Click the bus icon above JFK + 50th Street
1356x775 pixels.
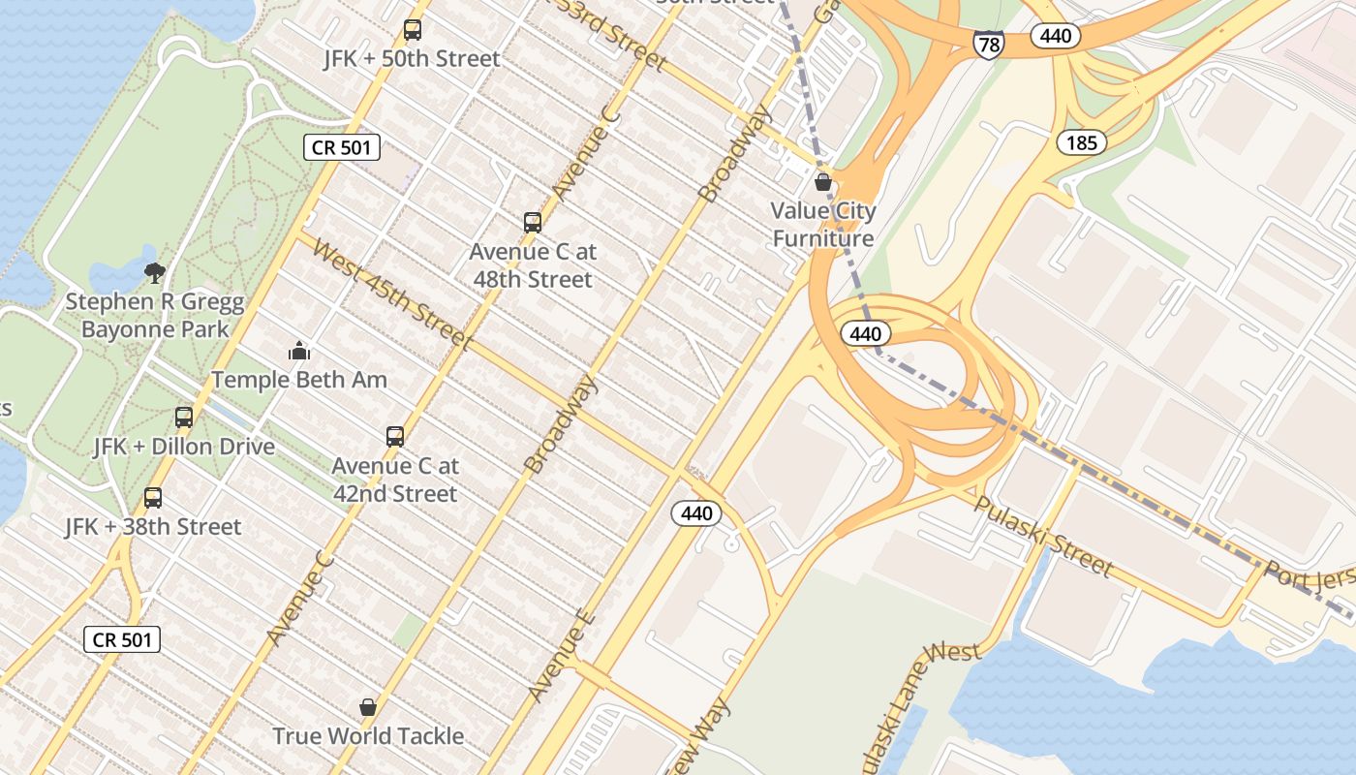tap(413, 30)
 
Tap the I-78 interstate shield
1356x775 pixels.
tap(988, 44)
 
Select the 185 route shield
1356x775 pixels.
tap(1081, 143)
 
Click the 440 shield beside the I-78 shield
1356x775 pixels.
tap(1055, 37)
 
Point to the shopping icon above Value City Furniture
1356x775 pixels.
tap(823, 182)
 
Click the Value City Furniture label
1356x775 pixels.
tap(823, 225)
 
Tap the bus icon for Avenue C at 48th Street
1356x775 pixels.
tap(532, 223)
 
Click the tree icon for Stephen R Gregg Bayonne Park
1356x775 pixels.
tap(154, 273)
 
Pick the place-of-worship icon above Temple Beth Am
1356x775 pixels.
tap(299, 351)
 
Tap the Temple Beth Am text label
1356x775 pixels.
tap(299, 380)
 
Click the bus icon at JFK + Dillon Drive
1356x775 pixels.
tap(184, 418)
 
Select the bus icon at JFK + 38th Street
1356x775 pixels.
tap(153, 498)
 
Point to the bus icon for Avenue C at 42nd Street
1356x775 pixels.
tap(394, 437)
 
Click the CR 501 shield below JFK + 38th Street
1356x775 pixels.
tap(122, 639)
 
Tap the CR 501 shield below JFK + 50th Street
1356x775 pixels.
tap(342, 147)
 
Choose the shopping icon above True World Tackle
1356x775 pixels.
tap(368, 707)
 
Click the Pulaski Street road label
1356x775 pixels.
tap(1043, 536)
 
